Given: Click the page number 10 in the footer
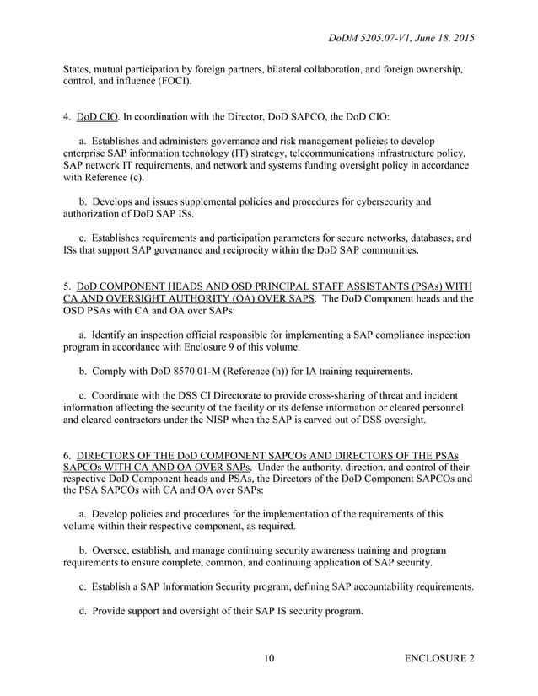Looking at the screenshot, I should coord(268,658).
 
